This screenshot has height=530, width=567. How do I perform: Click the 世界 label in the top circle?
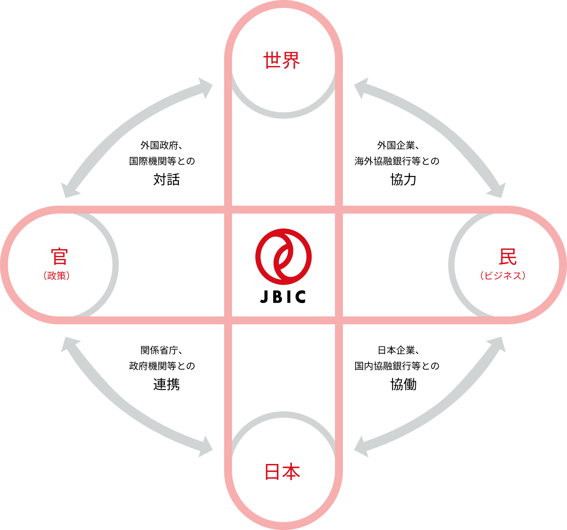click(x=282, y=61)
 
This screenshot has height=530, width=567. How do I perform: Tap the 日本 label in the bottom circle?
click(x=282, y=472)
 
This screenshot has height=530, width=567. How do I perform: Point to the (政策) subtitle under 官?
click(x=57, y=276)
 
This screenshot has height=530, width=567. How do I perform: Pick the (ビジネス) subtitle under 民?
click(x=503, y=276)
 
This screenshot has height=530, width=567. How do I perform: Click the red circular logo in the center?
click(x=283, y=256)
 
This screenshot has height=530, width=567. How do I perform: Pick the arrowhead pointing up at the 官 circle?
click(x=69, y=344)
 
